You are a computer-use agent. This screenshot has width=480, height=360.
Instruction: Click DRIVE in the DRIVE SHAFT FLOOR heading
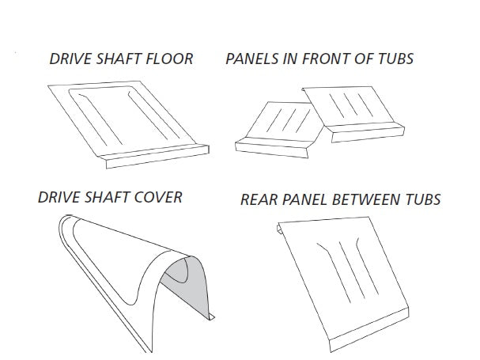[69, 59]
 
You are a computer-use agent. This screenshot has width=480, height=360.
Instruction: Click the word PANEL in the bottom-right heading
[304, 201]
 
